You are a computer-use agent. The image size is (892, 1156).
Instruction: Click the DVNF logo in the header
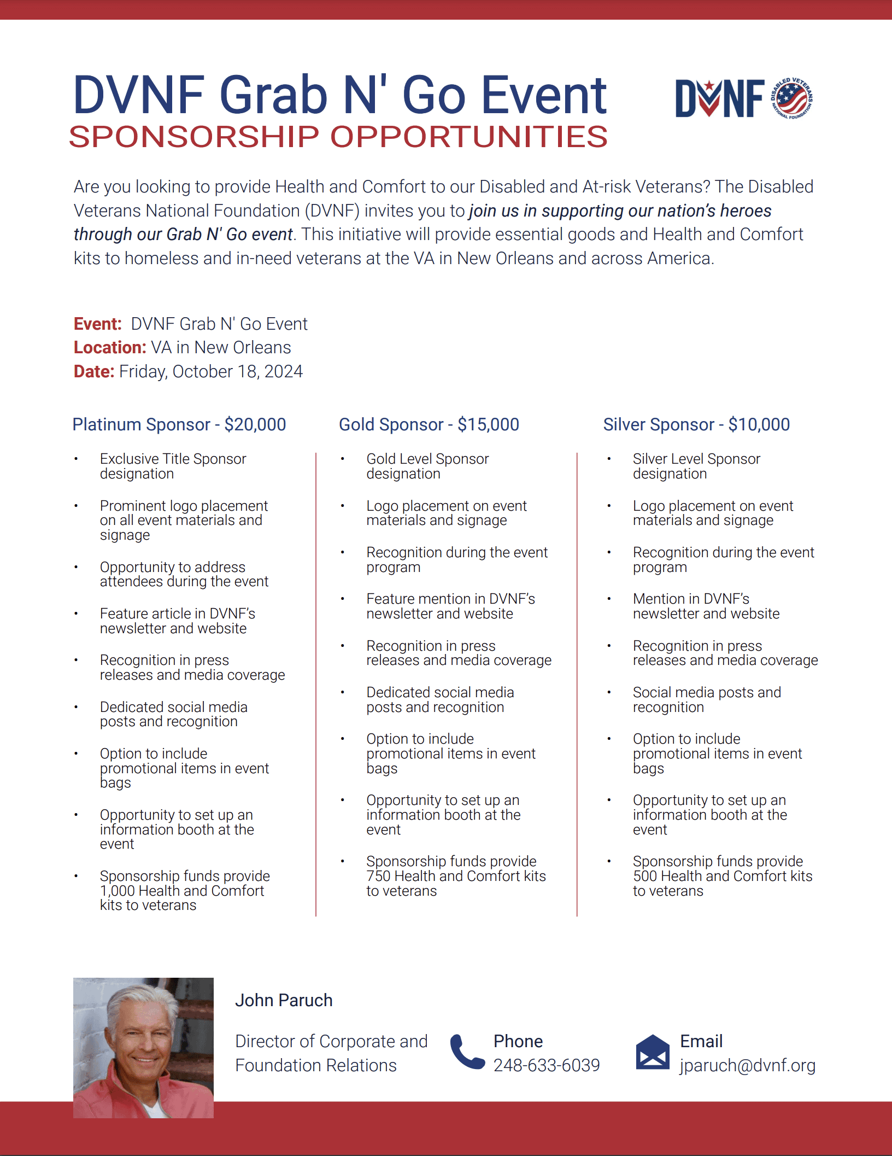click(x=743, y=98)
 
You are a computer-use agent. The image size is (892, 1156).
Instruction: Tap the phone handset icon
click(x=467, y=1052)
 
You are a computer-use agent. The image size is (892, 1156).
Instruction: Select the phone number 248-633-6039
click(x=547, y=1065)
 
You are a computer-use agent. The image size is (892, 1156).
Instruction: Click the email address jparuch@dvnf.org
click(x=747, y=1065)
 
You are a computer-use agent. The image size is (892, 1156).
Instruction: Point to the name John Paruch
click(x=284, y=1000)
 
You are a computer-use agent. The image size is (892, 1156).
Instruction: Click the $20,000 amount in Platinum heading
click(x=255, y=424)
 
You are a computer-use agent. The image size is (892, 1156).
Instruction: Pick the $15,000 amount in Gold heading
click(x=488, y=424)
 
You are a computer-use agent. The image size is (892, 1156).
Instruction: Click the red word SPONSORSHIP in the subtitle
click(x=194, y=137)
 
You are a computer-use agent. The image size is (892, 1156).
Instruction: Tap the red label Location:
click(x=110, y=348)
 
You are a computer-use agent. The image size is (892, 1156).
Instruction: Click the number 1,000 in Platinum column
click(x=118, y=891)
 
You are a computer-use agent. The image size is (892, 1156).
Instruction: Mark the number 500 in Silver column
click(x=645, y=876)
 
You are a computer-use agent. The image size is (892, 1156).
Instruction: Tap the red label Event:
click(x=97, y=324)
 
